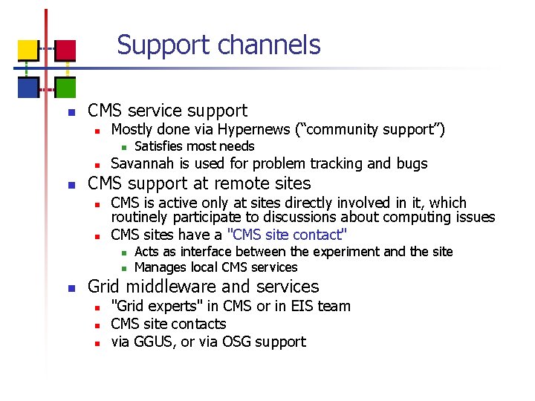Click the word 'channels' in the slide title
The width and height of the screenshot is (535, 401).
point(269,45)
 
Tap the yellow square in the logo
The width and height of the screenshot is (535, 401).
point(27,49)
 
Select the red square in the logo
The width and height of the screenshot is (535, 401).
point(65,49)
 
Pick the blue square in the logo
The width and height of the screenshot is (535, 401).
point(27,88)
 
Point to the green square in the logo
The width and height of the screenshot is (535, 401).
point(65,88)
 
